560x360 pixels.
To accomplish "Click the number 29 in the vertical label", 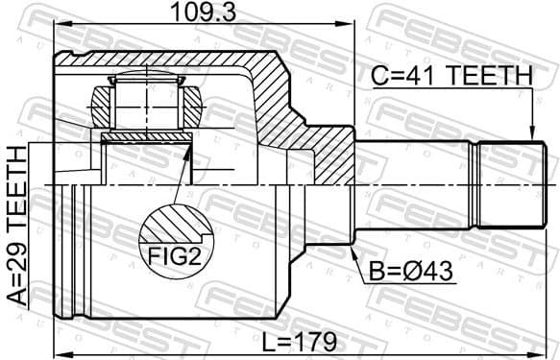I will coord(17,250).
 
